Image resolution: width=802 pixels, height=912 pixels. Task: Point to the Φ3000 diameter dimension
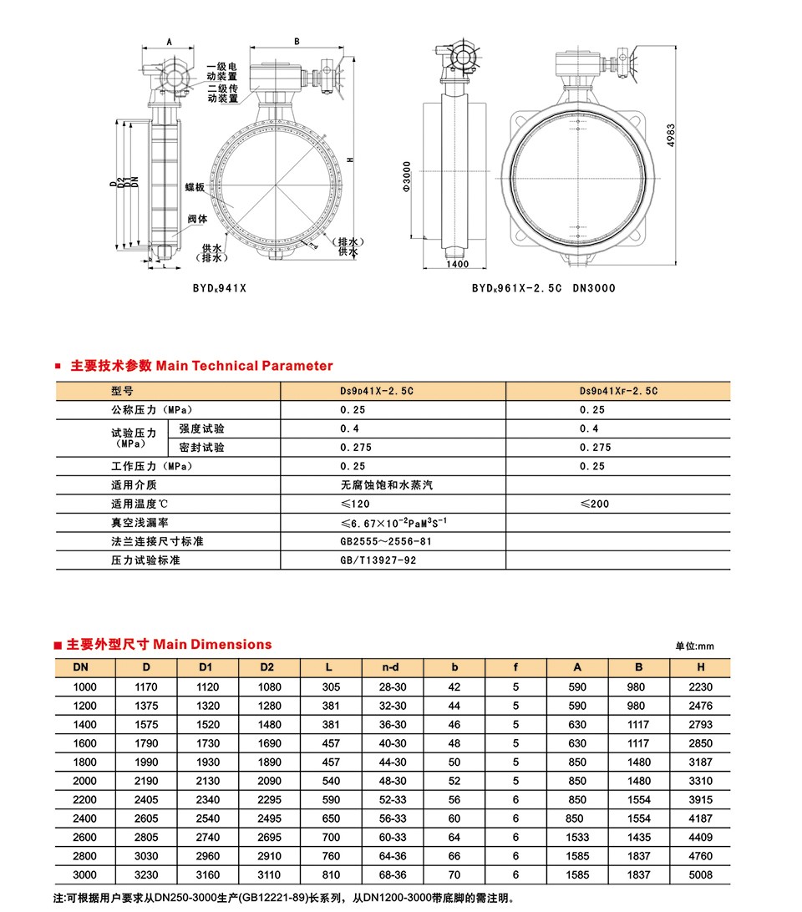[x=407, y=177]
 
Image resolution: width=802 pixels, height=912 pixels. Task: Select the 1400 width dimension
[x=457, y=264]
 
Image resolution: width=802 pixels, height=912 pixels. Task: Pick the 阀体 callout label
[x=197, y=219]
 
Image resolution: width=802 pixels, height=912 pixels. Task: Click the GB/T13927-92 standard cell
[x=378, y=560]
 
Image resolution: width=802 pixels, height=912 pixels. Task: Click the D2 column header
[x=267, y=666]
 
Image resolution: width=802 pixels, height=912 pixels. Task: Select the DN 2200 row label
[x=85, y=800]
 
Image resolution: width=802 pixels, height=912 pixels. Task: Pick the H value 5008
[x=700, y=875]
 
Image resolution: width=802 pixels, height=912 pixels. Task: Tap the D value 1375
[x=146, y=706]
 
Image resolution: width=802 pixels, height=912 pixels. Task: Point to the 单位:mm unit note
[x=695, y=646]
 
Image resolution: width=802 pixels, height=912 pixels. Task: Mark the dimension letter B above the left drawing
[x=297, y=41]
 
